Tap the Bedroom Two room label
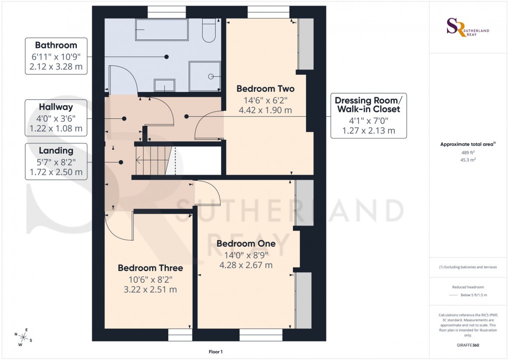click(265, 89)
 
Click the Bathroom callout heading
click(56, 45)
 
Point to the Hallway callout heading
click(56, 107)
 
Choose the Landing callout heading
click(56, 150)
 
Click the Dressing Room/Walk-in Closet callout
click(367, 104)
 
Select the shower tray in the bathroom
click(205, 76)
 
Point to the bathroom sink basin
click(164, 85)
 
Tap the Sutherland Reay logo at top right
click(467, 27)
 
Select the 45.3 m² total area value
click(467, 160)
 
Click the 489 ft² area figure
click(467, 153)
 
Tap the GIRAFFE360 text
click(467, 345)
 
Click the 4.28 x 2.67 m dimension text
click(246, 265)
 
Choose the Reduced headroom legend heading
click(467, 287)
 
